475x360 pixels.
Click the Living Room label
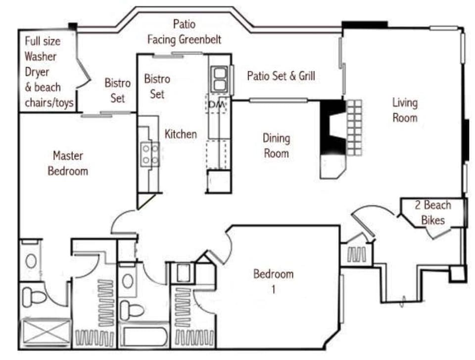coord(405,110)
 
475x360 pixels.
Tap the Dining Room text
coord(276,146)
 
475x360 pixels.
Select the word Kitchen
coord(181,134)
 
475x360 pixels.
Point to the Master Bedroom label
coord(68,164)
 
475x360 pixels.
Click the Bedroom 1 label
coord(273,281)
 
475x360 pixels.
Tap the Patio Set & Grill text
coord(281,76)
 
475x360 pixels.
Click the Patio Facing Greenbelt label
coord(184,32)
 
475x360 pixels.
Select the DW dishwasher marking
coord(216,104)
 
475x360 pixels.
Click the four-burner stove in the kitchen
coord(150,154)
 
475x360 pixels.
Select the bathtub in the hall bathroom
coord(145,337)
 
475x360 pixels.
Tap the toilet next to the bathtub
coord(132,310)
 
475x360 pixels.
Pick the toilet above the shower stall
coord(34,296)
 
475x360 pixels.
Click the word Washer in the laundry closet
coord(41,56)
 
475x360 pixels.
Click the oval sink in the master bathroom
coord(31,261)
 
